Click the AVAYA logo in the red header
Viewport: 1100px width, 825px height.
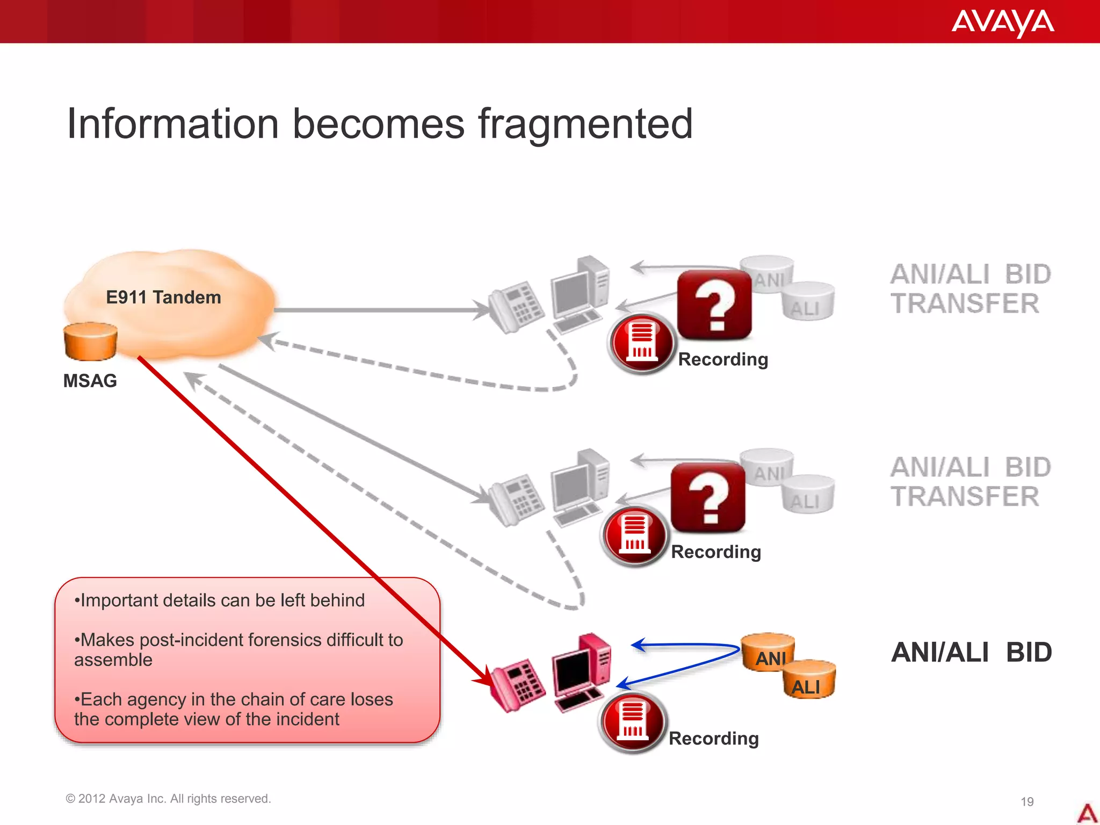click(x=1002, y=23)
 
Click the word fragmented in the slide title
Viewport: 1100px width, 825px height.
click(x=585, y=124)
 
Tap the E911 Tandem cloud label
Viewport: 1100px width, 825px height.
click(x=163, y=297)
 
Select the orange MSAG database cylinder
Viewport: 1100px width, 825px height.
click(x=90, y=342)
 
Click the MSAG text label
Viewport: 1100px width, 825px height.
click(x=90, y=381)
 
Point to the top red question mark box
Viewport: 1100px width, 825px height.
click(x=714, y=305)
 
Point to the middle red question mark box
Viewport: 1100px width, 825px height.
click(x=708, y=497)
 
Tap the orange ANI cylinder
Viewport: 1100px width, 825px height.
click(x=768, y=652)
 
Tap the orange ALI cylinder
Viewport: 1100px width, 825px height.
click(x=808, y=680)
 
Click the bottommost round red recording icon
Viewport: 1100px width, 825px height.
click(x=632, y=722)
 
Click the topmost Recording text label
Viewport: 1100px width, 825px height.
click(x=723, y=359)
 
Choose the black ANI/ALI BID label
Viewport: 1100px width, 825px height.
click(x=971, y=653)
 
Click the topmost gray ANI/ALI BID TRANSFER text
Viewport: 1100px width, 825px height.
click(x=970, y=289)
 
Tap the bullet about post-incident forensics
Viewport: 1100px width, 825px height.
click(x=238, y=649)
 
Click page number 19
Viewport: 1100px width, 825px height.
click(x=1027, y=802)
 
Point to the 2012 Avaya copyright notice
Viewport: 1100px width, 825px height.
click(x=168, y=799)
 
